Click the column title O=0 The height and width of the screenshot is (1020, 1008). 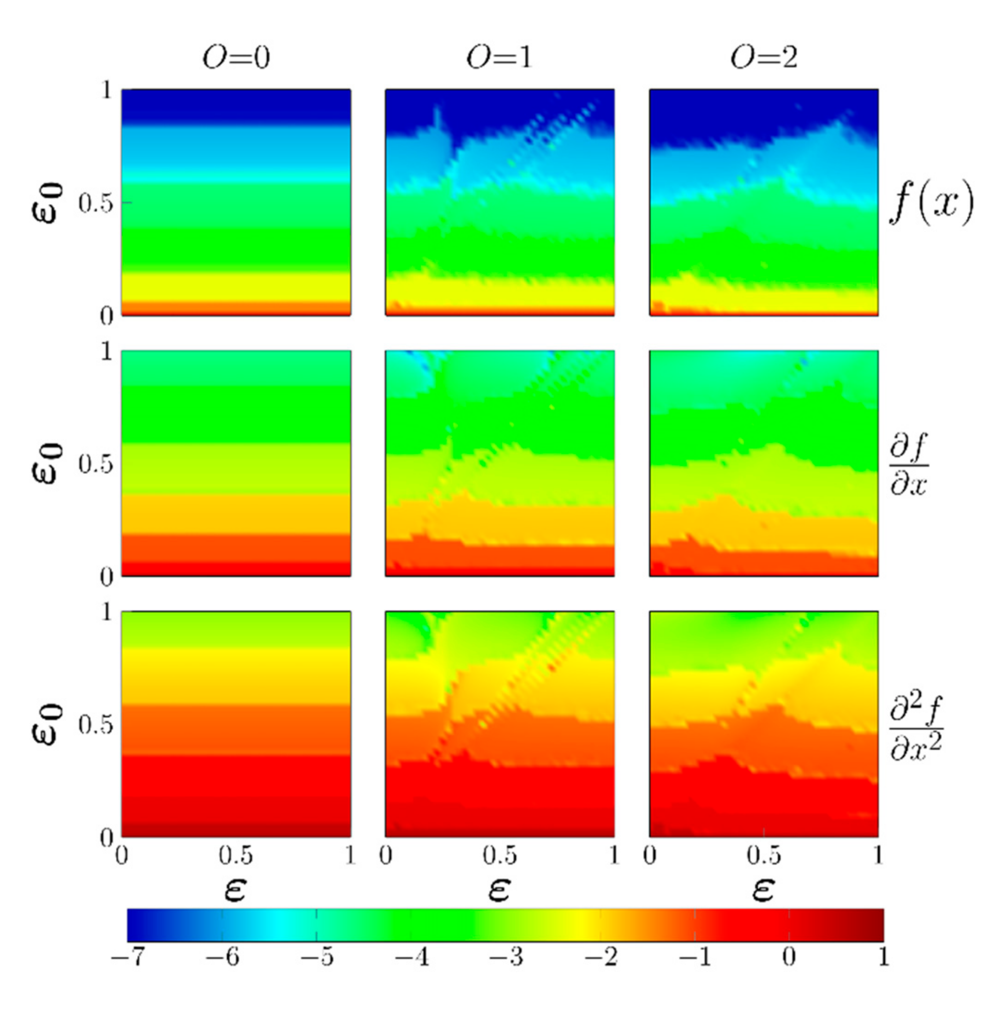pos(236,58)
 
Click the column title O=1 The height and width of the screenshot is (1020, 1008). pos(499,58)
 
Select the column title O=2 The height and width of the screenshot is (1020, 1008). pos(763,58)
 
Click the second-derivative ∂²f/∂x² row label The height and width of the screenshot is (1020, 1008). pos(916,725)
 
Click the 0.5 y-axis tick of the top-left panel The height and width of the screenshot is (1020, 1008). pos(96,204)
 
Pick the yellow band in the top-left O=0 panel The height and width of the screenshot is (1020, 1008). pos(236,288)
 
